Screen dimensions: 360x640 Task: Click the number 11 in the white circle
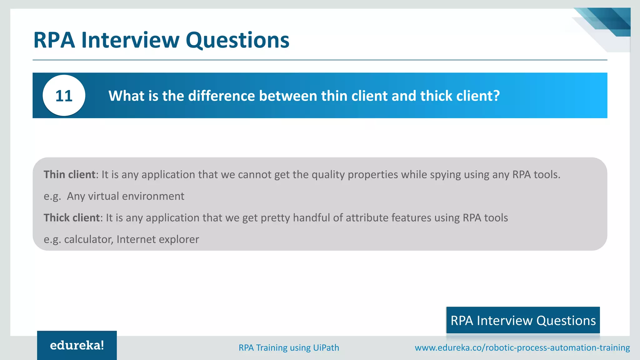click(64, 96)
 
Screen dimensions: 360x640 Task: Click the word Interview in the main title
click(130, 40)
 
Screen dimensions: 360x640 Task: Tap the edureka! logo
click(77, 345)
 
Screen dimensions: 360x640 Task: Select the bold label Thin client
click(69, 174)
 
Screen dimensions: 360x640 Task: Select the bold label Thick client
click(72, 217)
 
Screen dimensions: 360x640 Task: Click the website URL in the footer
click(522, 347)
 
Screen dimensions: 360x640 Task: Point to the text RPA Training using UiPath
click(289, 347)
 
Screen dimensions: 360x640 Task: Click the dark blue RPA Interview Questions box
click(523, 320)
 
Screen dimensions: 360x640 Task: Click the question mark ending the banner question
click(496, 96)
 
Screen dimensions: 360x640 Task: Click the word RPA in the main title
click(54, 40)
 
